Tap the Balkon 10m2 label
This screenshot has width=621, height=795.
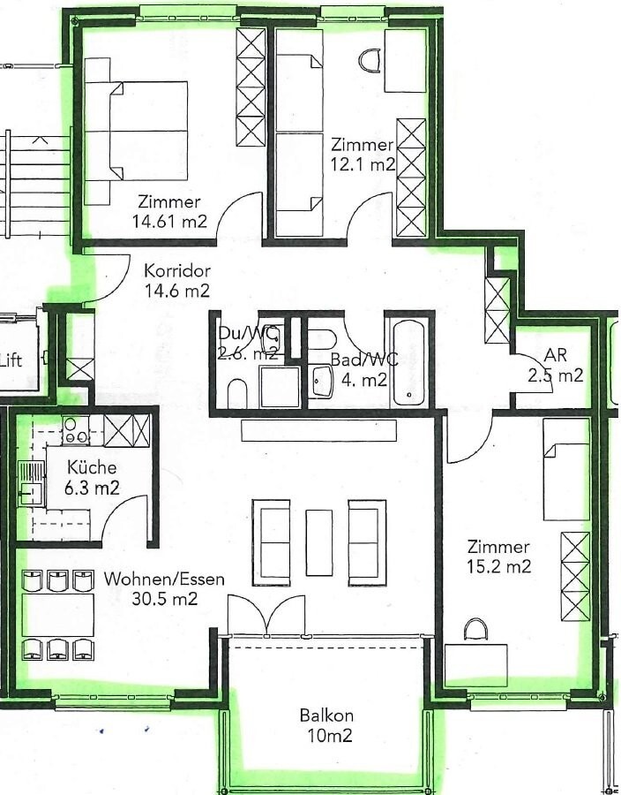(x=325, y=724)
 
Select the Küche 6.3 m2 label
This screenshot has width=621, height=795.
(x=83, y=477)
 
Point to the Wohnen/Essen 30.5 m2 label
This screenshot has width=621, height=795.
(x=164, y=589)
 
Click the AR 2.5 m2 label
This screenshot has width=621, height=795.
(x=555, y=365)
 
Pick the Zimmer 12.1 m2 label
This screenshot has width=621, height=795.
(x=362, y=154)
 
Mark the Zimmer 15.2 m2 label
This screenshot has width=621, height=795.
(x=498, y=556)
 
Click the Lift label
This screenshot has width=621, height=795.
(x=11, y=360)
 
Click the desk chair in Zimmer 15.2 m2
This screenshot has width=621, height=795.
(x=476, y=630)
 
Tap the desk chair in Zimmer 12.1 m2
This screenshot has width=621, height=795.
(x=370, y=59)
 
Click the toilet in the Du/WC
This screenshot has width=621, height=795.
(x=236, y=393)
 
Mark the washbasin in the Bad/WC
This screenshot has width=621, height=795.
(x=321, y=382)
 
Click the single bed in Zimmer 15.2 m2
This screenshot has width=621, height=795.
(x=565, y=468)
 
